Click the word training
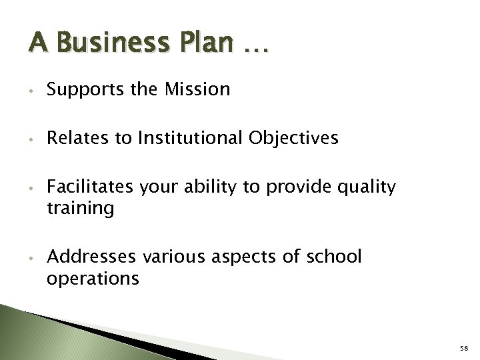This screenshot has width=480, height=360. (81, 209)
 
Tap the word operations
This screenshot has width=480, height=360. (93, 277)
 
